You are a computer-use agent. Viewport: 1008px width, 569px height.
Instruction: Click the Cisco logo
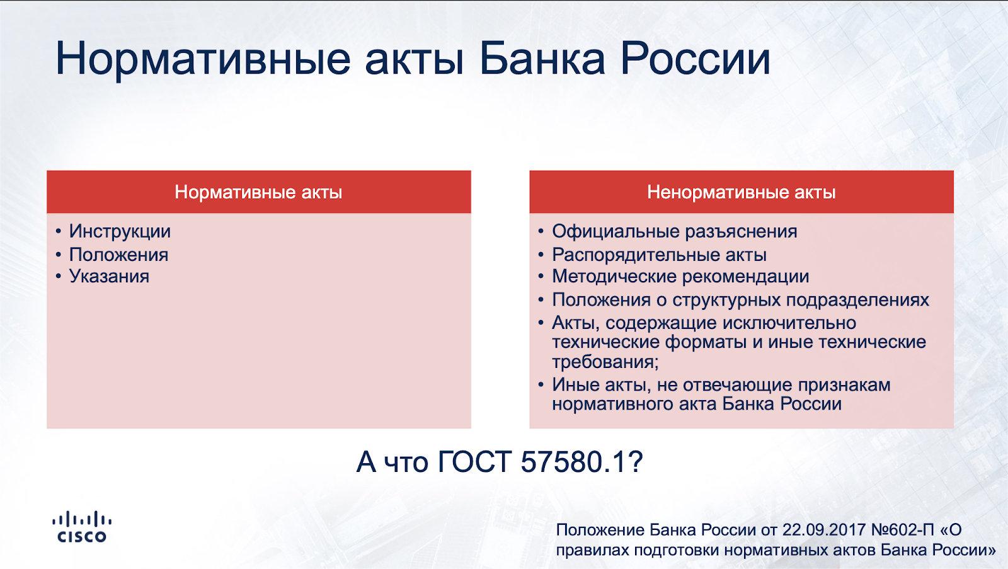pyautogui.click(x=82, y=526)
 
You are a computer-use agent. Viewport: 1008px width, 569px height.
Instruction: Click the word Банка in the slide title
pyautogui.click(x=542, y=59)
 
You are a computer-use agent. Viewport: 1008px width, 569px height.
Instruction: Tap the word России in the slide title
pyautogui.click(x=696, y=59)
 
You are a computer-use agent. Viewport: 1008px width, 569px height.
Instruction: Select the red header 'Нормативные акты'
pyautogui.click(x=259, y=192)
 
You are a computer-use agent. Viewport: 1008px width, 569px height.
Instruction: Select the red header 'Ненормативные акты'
pyautogui.click(x=742, y=192)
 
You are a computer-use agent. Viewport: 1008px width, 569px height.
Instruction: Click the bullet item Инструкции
pyautogui.click(x=120, y=232)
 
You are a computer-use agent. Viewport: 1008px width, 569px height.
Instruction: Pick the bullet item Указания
pyautogui.click(x=109, y=277)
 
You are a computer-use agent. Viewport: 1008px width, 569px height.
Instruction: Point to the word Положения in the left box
pyautogui.click(x=119, y=255)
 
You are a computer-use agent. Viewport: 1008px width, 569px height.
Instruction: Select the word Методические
pyautogui.click(x=614, y=277)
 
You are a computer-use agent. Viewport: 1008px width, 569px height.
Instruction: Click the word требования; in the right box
pyautogui.click(x=605, y=362)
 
